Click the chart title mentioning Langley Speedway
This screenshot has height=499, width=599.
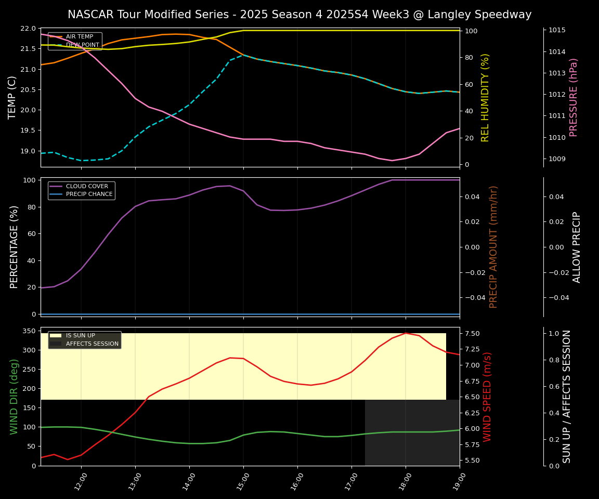(299, 15)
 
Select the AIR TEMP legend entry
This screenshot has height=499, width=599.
(78, 37)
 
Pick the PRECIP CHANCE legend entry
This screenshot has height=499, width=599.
(89, 194)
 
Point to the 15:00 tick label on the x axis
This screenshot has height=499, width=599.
(241, 482)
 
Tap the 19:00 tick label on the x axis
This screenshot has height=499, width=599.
(457, 482)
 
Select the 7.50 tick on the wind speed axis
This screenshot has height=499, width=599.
(473, 333)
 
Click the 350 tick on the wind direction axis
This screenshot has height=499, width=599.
(29, 331)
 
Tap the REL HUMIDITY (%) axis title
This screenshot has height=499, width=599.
(486, 97)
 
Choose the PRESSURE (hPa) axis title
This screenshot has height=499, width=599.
(574, 97)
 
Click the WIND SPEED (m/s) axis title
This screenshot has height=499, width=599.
(487, 397)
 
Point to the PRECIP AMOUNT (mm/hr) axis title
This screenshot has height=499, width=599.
(494, 247)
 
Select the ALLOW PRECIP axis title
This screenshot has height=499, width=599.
(577, 247)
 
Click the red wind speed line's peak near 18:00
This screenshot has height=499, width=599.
(406, 333)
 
